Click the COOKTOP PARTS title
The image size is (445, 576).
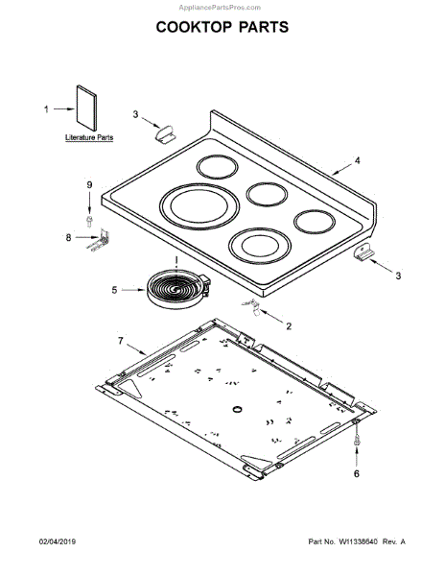coord(222,27)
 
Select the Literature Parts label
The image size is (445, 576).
coord(89,137)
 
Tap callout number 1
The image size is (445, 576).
coord(46,109)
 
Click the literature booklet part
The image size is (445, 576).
coord(87,108)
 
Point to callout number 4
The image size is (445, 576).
coord(357,160)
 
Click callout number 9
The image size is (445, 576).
coord(89,184)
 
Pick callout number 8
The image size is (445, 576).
coord(69,238)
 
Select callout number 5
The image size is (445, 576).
coord(114,290)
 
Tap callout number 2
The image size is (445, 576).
coord(289,326)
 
